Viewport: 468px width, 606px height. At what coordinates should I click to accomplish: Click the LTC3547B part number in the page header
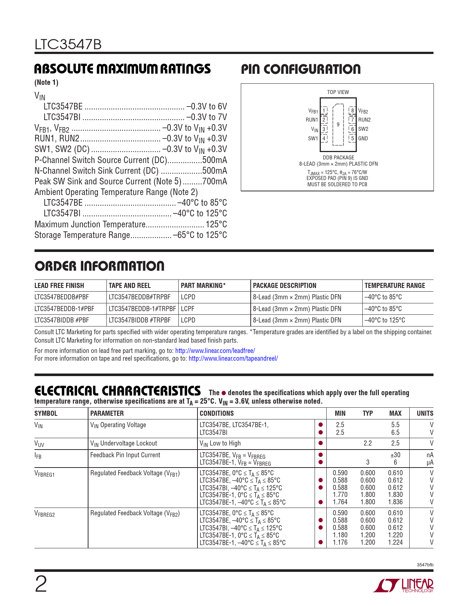[x=68, y=45]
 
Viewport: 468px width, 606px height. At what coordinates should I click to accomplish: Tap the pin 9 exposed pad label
[x=338, y=125]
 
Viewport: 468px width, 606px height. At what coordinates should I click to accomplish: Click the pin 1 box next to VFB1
[x=324, y=111]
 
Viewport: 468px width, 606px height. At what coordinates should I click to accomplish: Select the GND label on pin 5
[x=363, y=138]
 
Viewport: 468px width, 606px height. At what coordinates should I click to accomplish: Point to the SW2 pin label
[x=363, y=129]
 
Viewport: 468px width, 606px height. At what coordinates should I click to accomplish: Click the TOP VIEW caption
[x=338, y=92]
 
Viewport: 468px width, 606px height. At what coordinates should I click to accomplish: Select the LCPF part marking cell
[x=188, y=309]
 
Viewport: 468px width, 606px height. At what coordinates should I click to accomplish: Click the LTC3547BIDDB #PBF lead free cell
[x=62, y=320]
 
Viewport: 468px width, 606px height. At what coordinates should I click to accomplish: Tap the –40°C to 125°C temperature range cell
[x=385, y=320]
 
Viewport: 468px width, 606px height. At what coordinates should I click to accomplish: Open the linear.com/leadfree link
[x=215, y=351]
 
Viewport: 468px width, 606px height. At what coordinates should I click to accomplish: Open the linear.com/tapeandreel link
[x=233, y=358]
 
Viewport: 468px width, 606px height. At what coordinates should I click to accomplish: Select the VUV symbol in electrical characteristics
[x=39, y=444]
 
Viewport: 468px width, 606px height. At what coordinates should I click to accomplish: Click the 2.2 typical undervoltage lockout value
[x=368, y=443]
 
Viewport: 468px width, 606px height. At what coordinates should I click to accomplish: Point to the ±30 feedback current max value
[x=395, y=455]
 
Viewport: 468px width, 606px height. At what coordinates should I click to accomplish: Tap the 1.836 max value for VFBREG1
[x=395, y=502]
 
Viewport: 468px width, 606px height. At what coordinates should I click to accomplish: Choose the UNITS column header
[x=425, y=413]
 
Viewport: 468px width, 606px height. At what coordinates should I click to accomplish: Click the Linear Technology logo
[x=403, y=585]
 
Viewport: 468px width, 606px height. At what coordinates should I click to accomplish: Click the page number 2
[x=41, y=584]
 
